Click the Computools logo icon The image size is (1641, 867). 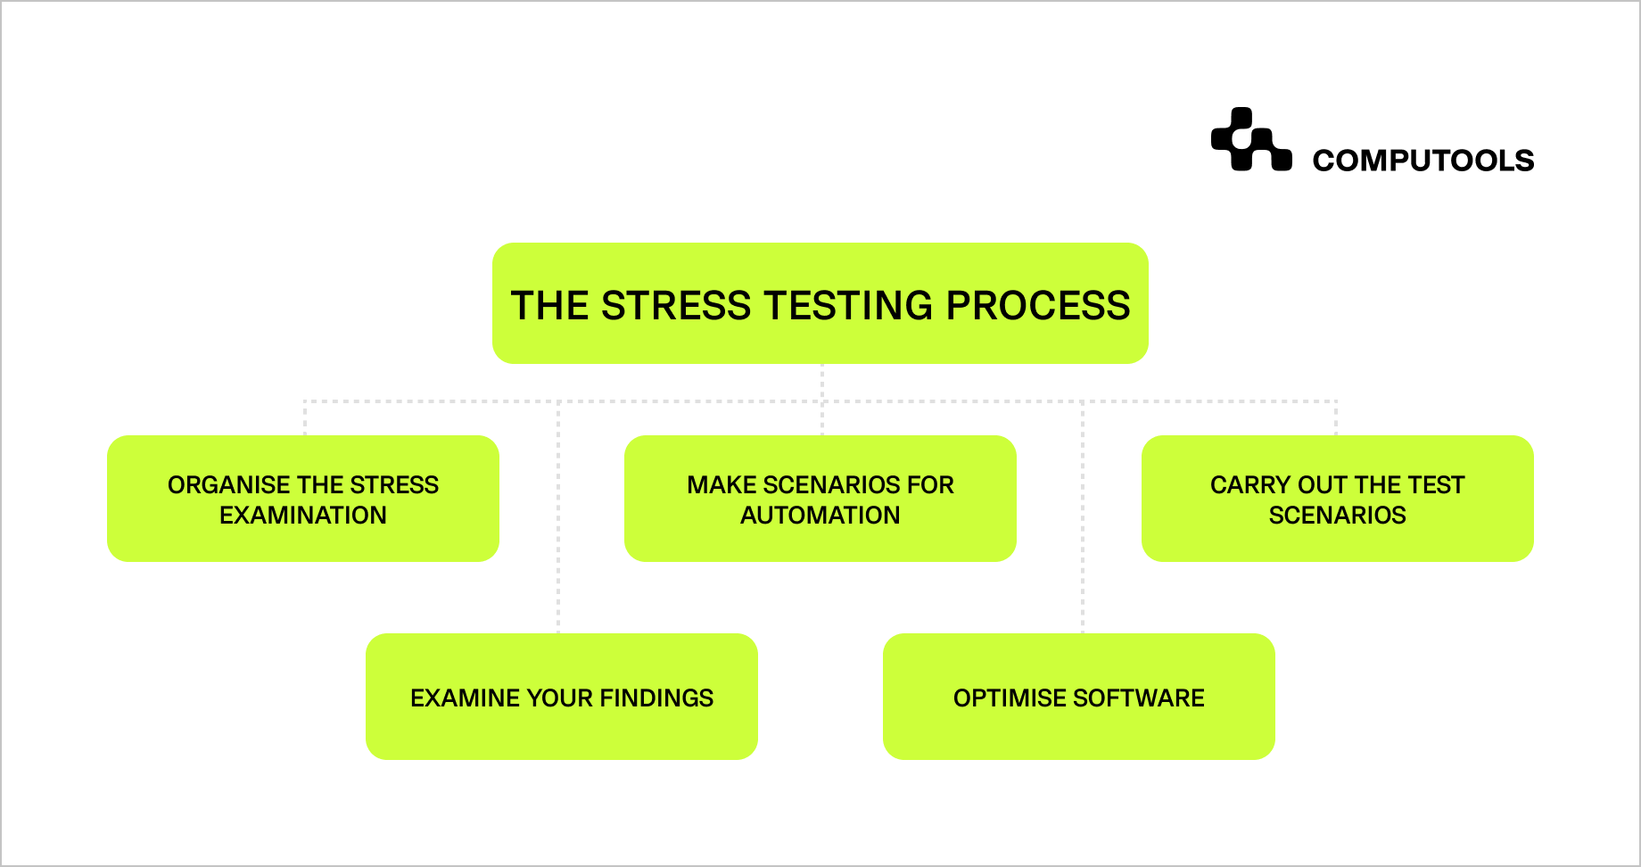(1250, 140)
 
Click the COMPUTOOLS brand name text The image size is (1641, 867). (1422, 161)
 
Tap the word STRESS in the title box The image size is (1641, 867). (676, 306)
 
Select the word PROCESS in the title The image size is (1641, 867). (1037, 306)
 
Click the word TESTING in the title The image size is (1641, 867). (848, 306)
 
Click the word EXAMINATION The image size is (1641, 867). (303, 516)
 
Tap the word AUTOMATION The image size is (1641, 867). (820, 516)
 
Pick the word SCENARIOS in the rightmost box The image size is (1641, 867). (1337, 516)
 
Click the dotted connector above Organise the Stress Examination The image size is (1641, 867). (305, 417)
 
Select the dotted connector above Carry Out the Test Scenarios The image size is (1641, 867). (1336, 417)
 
